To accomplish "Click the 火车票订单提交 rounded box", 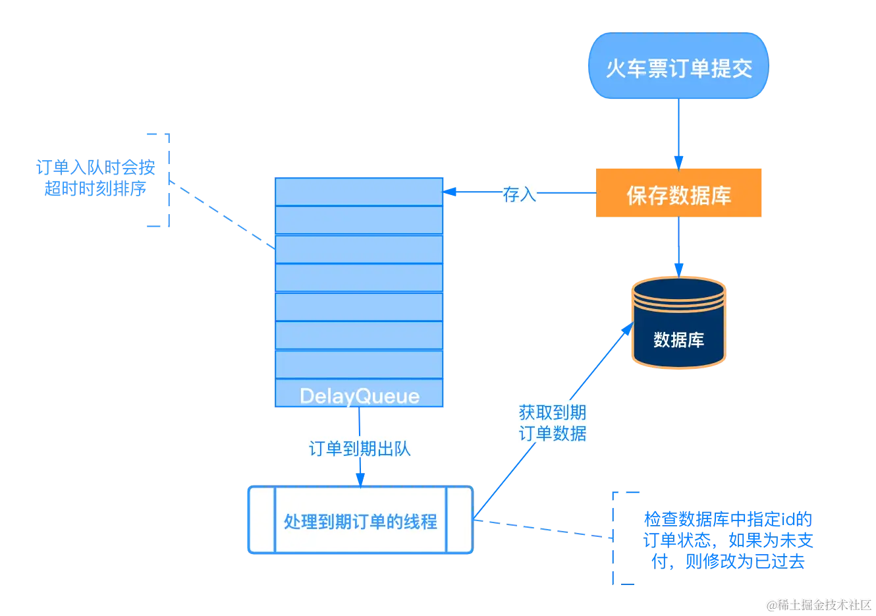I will pos(678,67).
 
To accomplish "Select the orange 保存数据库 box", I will pos(679,194).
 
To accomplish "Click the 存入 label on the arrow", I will pos(519,194).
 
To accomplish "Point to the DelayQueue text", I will pos(359,396).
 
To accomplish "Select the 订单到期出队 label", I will pos(360,449).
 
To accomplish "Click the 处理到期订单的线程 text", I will pos(360,521).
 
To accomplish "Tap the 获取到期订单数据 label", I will pos(552,423).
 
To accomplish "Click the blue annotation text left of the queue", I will pos(95,179).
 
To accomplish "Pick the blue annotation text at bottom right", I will pos(729,539).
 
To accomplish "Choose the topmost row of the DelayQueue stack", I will pos(359,191).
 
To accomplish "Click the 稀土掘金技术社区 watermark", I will pos(818,603).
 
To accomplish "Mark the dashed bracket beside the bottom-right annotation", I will pos(616,537).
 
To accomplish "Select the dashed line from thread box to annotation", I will pos(543,528).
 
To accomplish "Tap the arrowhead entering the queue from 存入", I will pos(449,192).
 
